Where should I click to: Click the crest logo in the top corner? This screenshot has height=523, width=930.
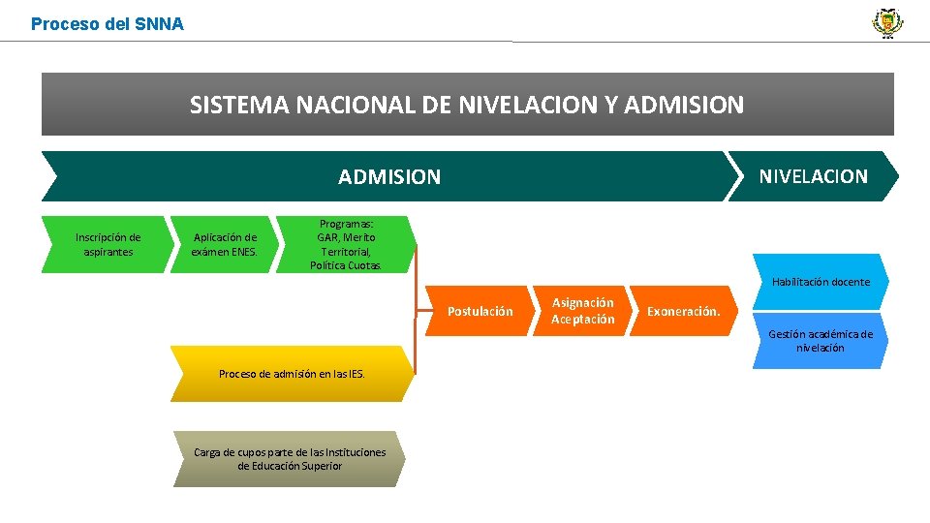(x=886, y=22)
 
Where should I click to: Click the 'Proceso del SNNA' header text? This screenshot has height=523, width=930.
(x=107, y=24)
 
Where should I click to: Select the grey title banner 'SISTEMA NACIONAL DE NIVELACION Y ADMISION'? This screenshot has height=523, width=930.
(x=467, y=105)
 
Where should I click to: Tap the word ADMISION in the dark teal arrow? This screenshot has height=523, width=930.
(x=388, y=177)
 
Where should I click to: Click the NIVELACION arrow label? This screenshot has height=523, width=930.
(x=813, y=176)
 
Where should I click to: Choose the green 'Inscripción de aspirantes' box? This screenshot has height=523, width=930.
(x=108, y=244)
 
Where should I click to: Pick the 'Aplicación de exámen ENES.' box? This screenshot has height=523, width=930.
(x=225, y=244)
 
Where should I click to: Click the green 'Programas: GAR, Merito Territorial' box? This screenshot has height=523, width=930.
(x=346, y=244)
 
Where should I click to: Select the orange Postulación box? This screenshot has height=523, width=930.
(x=480, y=311)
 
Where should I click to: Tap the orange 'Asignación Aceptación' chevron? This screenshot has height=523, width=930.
(x=583, y=311)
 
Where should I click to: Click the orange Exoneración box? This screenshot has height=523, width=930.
(x=683, y=311)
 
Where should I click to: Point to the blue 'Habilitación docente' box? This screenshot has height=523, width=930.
(x=821, y=282)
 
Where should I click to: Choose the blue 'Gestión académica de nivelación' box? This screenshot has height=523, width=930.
(x=821, y=341)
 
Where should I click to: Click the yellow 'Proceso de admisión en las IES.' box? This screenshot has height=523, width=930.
(x=292, y=373)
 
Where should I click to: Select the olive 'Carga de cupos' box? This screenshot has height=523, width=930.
(x=290, y=459)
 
